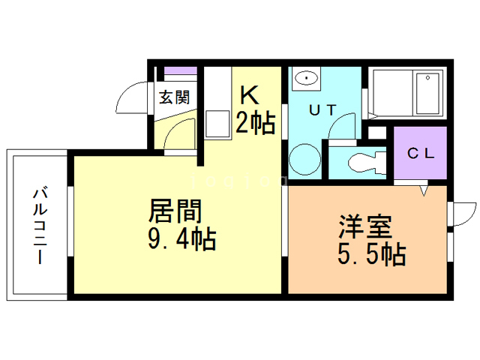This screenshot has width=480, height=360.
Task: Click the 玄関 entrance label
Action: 174,97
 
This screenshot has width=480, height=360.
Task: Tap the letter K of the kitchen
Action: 249,94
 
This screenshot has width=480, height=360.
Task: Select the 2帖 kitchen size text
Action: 256,121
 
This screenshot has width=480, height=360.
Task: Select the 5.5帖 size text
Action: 370,255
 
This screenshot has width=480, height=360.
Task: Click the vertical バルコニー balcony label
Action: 38,224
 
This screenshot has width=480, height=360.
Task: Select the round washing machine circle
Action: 305,159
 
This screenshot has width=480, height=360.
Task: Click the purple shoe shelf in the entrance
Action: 180,73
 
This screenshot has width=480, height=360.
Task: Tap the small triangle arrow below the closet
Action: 424,191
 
